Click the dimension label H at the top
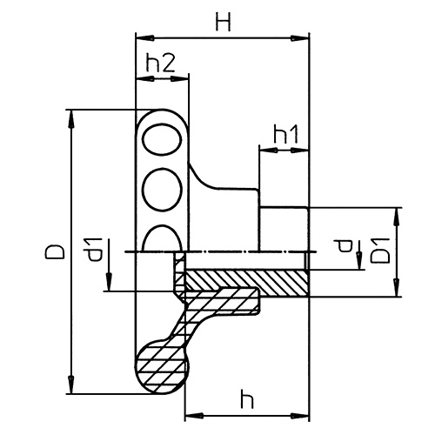coord(224,23)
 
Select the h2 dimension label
coord(160,64)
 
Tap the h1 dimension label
coord(285,135)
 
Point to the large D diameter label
coord(55,251)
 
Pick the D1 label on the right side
coord(380,251)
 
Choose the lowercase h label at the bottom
coord(247,398)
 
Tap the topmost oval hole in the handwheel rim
coord(163,139)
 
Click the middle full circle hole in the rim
coord(163,189)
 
